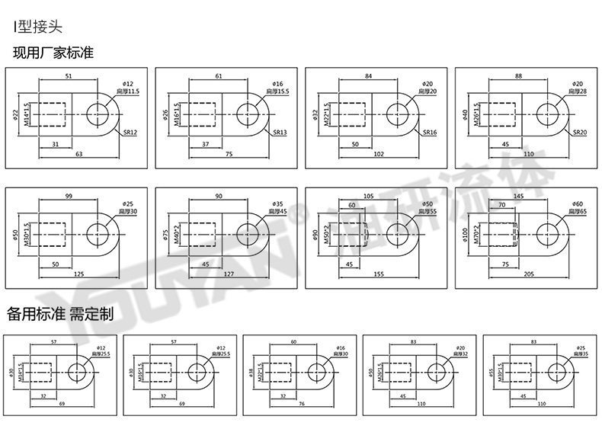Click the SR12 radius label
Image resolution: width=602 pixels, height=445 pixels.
[130, 132]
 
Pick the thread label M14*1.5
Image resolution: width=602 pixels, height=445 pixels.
[27, 114]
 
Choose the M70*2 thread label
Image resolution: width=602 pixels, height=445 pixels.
[476, 233]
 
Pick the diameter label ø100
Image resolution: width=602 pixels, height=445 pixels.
[466, 233]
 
